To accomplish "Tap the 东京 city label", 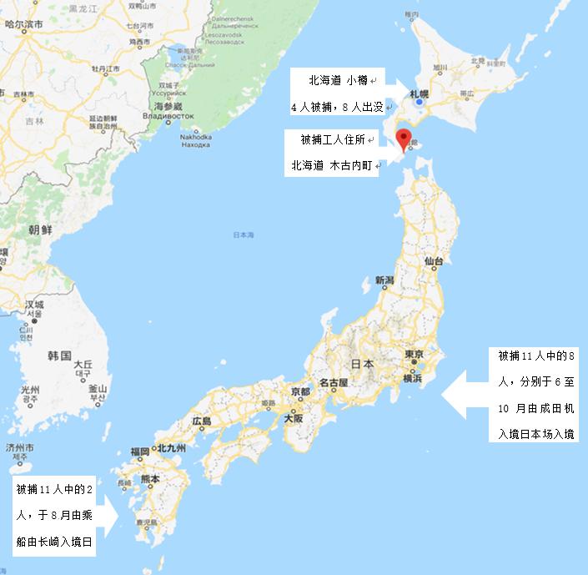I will pos(417,354).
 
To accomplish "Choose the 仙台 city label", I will pos(433,261).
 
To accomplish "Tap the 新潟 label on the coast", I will pos(384,280).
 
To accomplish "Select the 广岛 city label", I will pos(202,421).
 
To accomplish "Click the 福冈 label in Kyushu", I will pos(139,451).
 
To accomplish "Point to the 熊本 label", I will pos(151,479).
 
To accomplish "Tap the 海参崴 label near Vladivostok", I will pos(168,106).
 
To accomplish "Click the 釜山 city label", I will pos(98,389).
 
